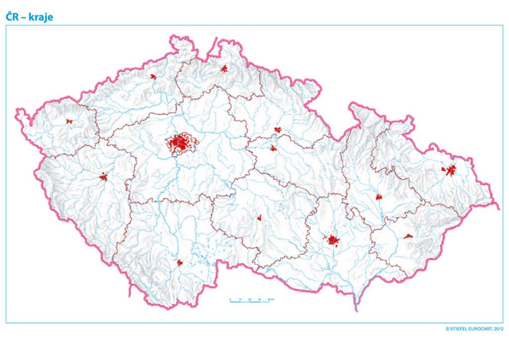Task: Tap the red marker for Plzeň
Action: click(x=103, y=177)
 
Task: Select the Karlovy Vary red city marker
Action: click(x=69, y=121)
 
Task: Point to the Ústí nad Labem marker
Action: click(x=153, y=77)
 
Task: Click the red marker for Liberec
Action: click(x=224, y=68)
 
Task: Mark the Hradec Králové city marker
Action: click(x=278, y=130)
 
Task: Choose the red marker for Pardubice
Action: click(x=273, y=148)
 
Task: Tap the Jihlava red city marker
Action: click(x=259, y=217)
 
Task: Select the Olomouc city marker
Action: click(x=379, y=197)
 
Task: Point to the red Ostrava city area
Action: click(x=450, y=171)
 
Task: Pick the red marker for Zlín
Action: click(x=408, y=236)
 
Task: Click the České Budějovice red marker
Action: click(x=179, y=263)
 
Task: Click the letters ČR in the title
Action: click(x=13, y=16)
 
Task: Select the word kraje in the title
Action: click(x=41, y=17)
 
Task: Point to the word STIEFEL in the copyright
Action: click(x=459, y=329)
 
